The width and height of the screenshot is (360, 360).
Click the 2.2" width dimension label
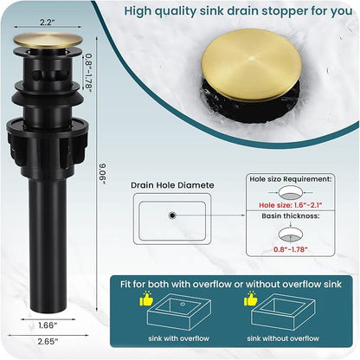click(47, 22)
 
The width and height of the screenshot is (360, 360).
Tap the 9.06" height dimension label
click(103, 174)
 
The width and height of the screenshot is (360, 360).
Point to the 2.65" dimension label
click(48, 342)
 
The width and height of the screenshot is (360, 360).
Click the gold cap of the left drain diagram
click(48, 41)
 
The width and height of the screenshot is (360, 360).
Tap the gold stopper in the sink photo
click(251, 65)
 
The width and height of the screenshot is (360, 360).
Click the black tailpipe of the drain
click(48, 244)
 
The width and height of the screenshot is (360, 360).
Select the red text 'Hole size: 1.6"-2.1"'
click(290, 205)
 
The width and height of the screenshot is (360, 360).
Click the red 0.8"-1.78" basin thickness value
click(291, 249)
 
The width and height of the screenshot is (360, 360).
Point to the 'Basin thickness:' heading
click(291, 215)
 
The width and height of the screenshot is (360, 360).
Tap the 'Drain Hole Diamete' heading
click(172, 185)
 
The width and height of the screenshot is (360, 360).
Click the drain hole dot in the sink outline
click(172, 215)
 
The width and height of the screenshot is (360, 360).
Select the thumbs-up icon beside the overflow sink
click(146, 299)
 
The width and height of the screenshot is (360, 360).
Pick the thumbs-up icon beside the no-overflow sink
click(250, 299)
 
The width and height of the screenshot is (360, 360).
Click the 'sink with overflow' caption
click(178, 338)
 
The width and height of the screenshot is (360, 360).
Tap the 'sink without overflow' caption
click(283, 338)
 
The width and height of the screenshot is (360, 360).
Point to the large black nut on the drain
click(48, 145)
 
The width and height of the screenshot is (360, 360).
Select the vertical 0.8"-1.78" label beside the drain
click(88, 73)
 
